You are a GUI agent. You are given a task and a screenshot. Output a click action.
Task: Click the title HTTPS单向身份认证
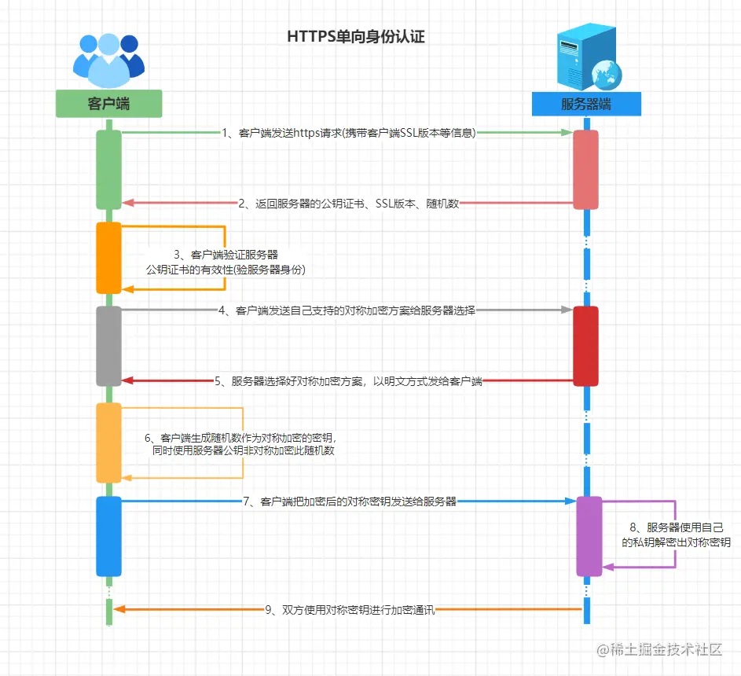tap(356, 37)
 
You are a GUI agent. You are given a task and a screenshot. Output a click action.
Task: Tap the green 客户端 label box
tap(108, 104)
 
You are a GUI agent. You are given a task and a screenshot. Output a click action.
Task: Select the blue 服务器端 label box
tap(586, 104)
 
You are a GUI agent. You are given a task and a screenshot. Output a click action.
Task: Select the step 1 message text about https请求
tap(349, 133)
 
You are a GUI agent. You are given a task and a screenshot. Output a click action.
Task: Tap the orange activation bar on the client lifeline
tap(108, 258)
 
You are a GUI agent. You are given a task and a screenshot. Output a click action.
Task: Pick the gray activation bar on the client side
tap(108, 346)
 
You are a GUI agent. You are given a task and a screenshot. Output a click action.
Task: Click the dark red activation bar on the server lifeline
tap(585, 346)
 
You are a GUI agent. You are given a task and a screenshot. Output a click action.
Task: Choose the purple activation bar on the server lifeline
tap(589, 536)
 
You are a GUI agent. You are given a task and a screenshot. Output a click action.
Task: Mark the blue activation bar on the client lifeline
tap(108, 536)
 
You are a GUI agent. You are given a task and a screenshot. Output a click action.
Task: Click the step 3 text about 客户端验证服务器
tap(226, 263)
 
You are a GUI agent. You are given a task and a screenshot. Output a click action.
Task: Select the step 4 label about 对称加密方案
tap(347, 310)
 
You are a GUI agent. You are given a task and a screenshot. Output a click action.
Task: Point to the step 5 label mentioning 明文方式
tap(347, 381)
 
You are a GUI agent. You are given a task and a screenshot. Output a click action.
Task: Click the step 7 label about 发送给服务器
tap(349, 501)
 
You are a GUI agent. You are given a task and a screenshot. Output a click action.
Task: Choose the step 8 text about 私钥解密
tap(676, 535)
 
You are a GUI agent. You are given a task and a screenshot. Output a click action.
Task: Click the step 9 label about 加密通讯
tap(349, 609)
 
